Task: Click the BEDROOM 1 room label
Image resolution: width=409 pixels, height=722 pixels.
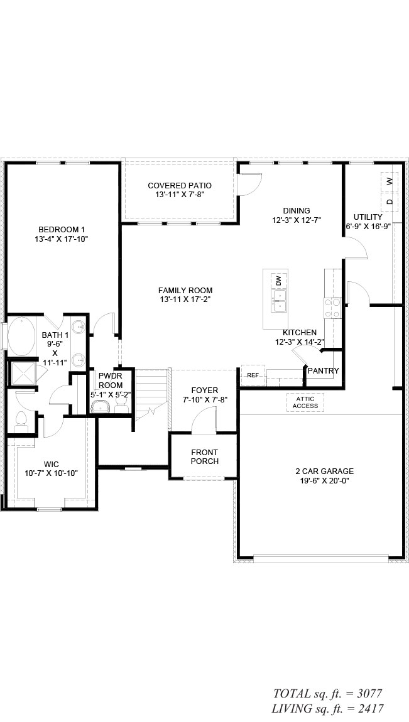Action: point(62,229)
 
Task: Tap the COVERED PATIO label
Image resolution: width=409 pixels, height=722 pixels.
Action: point(180,186)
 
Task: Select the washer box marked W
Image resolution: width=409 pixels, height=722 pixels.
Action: point(390,181)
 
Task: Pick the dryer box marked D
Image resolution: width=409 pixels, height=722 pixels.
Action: point(390,202)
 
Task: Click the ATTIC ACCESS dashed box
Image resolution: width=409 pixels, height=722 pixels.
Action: point(305,402)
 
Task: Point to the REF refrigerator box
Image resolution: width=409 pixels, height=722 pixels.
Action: point(253,375)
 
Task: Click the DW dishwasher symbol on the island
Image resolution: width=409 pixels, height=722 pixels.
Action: point(279,280)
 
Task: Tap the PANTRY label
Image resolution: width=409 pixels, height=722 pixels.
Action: point(324,370)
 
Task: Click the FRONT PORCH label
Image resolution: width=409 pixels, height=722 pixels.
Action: point(205,457)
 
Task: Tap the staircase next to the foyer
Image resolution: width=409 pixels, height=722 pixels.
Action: point(151,394)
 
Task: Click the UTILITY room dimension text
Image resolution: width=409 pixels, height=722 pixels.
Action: point(368,226)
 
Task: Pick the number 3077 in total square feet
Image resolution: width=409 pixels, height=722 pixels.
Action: point(368,693)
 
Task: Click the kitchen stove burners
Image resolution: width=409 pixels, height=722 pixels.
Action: point(332,308)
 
